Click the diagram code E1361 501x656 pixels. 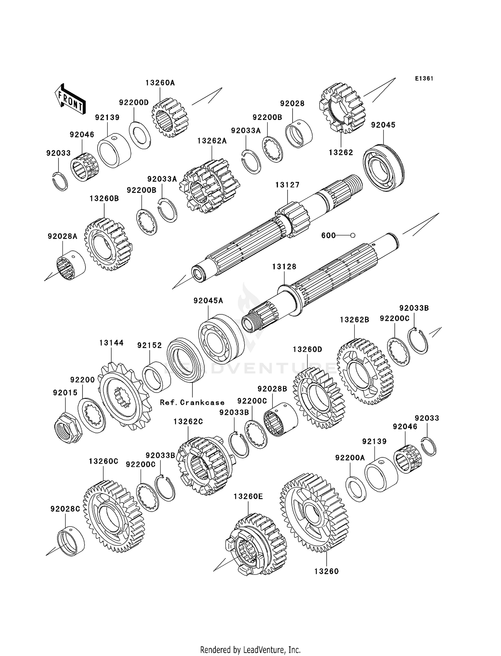click(x=424, y=79)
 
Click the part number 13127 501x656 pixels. click(x=287, y=185)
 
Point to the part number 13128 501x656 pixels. click(x=284, y=266)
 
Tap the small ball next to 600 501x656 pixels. click(x=353, y=235)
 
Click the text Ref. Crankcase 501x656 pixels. click(x=192, y=402)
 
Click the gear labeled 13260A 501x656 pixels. click(x=170, y=117)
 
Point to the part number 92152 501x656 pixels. click(x=149, y=345)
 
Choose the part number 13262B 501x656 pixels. click(x=354, y=320)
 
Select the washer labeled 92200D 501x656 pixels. click(x=140, y=135)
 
